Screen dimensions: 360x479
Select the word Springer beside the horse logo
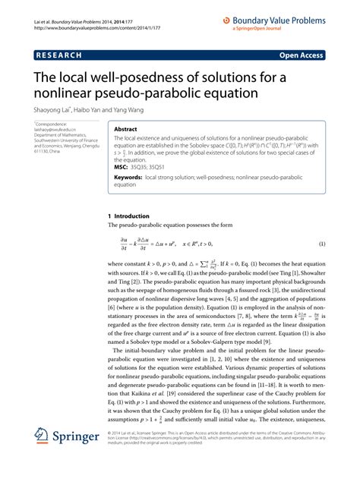coord(77,459)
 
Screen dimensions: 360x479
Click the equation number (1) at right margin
coord(322,244)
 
